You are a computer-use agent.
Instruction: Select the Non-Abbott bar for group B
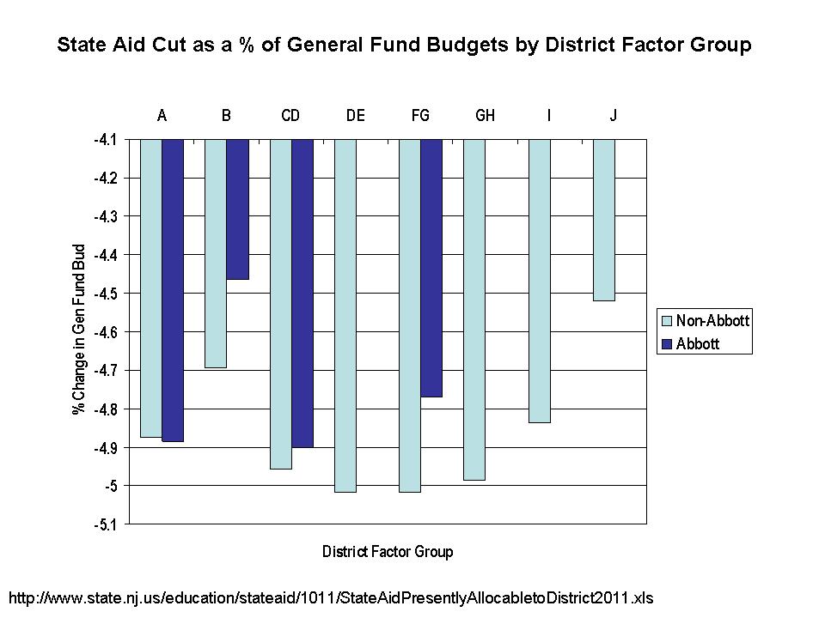click(x=216, y=253)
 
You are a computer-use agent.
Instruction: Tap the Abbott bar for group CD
click(x=302, y=293)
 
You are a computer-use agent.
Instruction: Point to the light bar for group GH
click(x=474, y=309)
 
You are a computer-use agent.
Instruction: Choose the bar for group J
click(x=604, y=220)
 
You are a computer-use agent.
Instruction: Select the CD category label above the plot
click(x=290, y=116)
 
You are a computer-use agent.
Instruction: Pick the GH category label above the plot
click(x=485, y=116)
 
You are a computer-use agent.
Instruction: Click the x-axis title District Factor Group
click(x=387, y=552)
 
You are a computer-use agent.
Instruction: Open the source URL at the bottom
click(x=336, y=596)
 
